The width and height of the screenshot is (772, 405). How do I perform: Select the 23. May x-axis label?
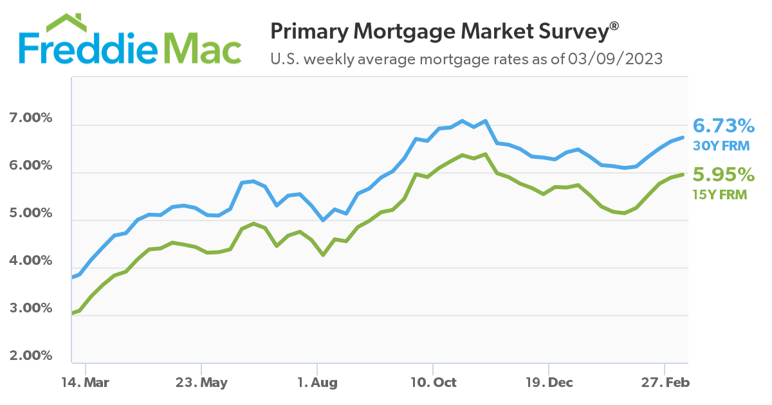click(202, 382)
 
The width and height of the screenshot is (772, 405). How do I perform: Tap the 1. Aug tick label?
click(317, 382)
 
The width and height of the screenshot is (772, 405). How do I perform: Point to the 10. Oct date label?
click(433, 382)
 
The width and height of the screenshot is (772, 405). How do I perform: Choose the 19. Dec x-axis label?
click(549, 382)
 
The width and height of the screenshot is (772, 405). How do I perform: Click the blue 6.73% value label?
click(723, 125)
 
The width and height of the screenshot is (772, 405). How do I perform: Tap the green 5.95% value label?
click(723, 174)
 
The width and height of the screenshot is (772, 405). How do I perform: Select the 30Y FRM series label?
click(721, 146)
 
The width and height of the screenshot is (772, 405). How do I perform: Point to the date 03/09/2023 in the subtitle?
click(615, 60)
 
